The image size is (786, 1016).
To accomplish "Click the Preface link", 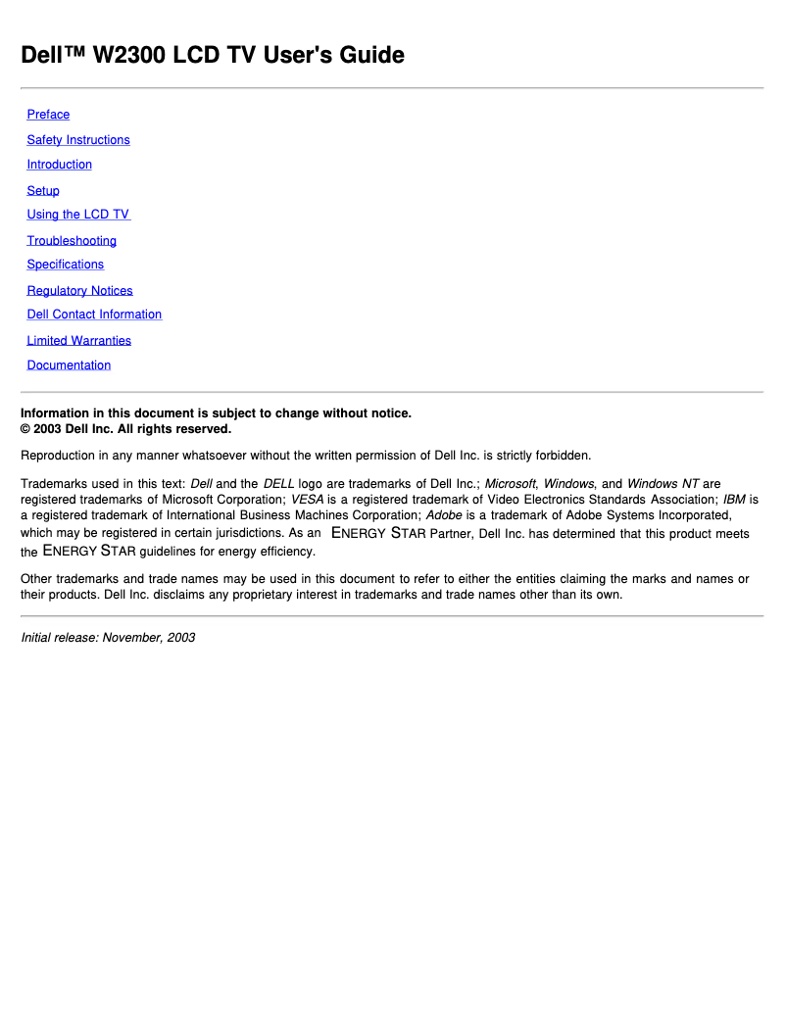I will (48, 115).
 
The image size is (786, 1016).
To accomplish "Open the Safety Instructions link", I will (78, 140).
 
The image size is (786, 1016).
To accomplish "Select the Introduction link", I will (59, 165).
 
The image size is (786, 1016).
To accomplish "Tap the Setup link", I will (43, 191).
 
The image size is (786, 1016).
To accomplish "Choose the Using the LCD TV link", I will (78, 215).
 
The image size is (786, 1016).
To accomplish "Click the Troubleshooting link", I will (72, 241).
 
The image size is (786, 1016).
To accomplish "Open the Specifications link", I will (65, 265).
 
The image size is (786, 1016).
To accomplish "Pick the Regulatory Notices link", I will (79, 291).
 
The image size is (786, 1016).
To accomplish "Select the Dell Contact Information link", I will (94, 314).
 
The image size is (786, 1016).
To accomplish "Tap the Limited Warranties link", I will (78, 341).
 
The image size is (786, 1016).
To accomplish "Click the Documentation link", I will (69, 365).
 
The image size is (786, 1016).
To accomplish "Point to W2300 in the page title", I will (129, 56).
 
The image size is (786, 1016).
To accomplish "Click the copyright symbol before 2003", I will (26, 429).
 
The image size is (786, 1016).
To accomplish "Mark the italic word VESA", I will (307, 499).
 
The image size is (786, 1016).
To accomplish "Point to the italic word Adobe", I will (444, 514).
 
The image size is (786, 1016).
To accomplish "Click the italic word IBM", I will (734, 499).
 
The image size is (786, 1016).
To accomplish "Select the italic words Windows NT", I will (663, 484).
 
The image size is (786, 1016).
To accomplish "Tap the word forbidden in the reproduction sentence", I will (563, 456).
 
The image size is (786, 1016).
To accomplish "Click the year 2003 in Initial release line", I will (181, 638).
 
